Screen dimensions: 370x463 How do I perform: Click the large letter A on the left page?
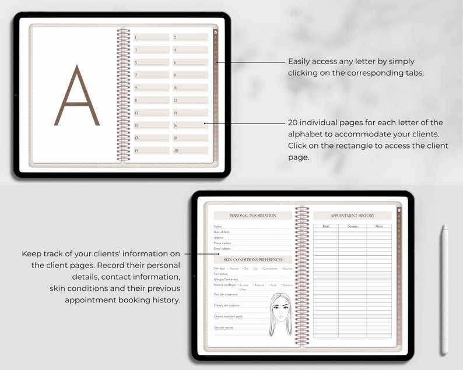click(77, 96)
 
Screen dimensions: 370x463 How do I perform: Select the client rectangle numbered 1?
click(152, 37)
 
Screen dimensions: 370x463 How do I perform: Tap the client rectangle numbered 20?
click(190, 150)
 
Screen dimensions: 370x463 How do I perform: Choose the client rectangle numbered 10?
click(190, 87)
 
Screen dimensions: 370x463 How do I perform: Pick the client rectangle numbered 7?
click(152, 75)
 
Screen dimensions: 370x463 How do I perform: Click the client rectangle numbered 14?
click(190, 112)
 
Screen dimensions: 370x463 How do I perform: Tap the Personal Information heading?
click(252, 216)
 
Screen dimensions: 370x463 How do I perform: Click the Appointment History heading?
click(352, 216)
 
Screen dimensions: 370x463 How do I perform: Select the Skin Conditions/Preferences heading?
click(252, 259)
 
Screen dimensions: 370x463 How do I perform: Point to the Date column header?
click(325, 226)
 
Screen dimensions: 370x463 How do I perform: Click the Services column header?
click(352, 226)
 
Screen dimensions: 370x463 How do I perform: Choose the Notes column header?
click(379, 226)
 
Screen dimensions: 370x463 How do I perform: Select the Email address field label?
click(222, 248)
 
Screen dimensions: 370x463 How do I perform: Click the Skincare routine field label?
click(224, 327)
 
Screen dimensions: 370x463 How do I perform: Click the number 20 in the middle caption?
click(294, 122)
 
